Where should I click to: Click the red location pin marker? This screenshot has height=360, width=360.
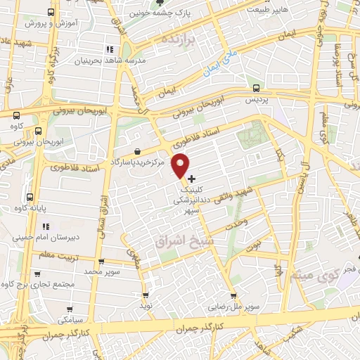click(181, 165)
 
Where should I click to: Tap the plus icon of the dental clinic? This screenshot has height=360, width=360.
click(192, 179)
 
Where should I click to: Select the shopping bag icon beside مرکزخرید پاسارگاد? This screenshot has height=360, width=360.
click(137, 151)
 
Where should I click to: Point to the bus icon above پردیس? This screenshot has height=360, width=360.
click(255, 89)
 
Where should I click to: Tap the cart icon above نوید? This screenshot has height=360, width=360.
click(146, 296)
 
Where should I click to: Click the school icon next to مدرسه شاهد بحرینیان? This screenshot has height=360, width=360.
click(109, 49)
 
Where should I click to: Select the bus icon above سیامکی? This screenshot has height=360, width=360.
click(70, 308)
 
